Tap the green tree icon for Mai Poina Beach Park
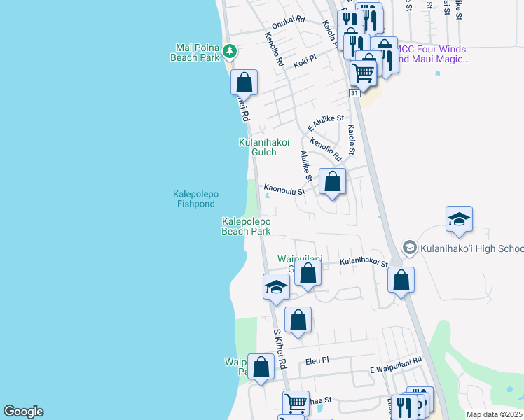pos(229,51)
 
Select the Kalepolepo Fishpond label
pos(195,199)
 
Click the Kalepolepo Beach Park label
pos(246,226)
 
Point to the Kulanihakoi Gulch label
pos(264,147)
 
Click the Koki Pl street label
pos(305,62)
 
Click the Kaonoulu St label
pos(284,189)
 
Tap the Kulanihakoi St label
pos(364,262)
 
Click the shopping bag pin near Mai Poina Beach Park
pos(244,82)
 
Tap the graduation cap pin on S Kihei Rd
pos(276,287)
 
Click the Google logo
pos(23,412)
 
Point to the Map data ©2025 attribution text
pos(493,414)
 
